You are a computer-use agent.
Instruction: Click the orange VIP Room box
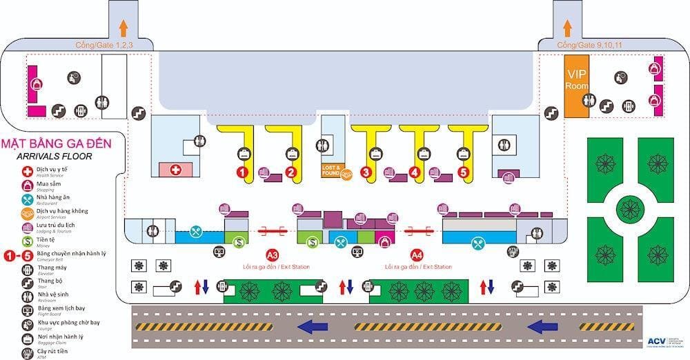coord(577,92)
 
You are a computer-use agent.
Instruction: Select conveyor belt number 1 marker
coord(242,171)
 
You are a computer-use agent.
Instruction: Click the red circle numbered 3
coord(366,172)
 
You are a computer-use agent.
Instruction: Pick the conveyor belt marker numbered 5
coord(463,172)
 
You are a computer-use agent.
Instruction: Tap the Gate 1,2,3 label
coord(104,46)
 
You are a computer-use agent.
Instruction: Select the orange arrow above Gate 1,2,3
coord(124,28)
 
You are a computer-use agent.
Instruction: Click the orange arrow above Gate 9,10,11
coord(567,28)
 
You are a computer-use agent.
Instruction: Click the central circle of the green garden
coord(629,207)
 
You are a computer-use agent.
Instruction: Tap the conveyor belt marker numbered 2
coord(291,172)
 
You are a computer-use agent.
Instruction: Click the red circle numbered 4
coord(415,172)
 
